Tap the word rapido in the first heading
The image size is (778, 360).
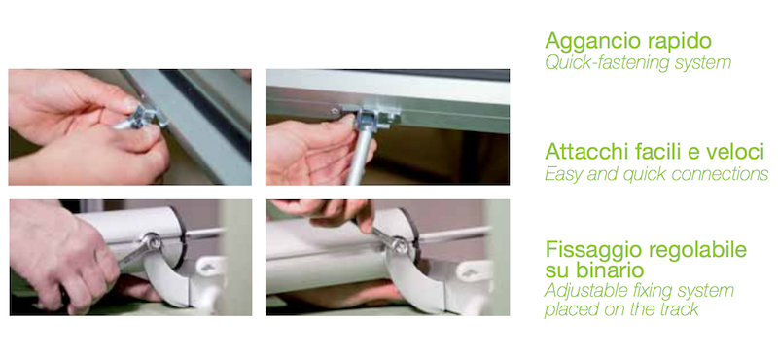tap(674, 42)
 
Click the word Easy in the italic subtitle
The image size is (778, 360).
tap(562, 174)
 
